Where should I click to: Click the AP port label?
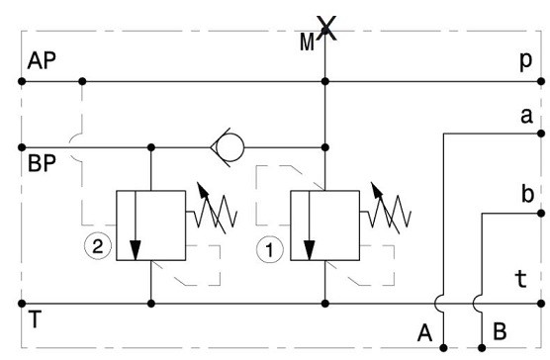pyautogui.click(x=42, y=60)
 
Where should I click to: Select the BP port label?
pyautogui.click(x=42, y=163)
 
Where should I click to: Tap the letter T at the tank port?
pyautogui.click(x=35, y=318)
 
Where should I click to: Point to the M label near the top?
pyautogui.click(x=307, y=43)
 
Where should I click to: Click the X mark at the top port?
pyautogui.click(x=326, y=28)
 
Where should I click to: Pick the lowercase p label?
pyautogui.click(x=526, y=61)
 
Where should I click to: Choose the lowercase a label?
pyautogui.click(x=526, y=116)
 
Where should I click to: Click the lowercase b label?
pyautogui.click(x=527, y=194)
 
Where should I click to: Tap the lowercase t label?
pyautogui.click(x=521, y=279)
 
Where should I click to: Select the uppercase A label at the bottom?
pyautogui.click(x=424, y=332)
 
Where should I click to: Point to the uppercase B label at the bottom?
pyautogui.click(x=500, y=331)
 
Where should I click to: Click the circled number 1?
pyautogui.click(x=269, y=250)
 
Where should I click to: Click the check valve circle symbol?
pyautogui.click(x=230, y=147)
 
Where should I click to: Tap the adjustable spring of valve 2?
pyautogui.click(x=212, y=212)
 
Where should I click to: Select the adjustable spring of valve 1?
pyautogui.click(x=386, y=212)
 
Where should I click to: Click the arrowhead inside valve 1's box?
pyautogui.click(x=309, y=250)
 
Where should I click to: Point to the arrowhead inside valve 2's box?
pyautogui.click(x=136, y=250)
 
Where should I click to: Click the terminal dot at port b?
pyautogui.click(x=541, y=213)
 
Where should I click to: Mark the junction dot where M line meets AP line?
pyautogui.click(x=325, y=81)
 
